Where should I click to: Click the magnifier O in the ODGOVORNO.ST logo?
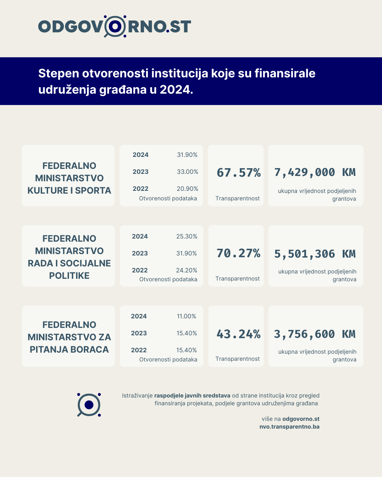click(115, 26)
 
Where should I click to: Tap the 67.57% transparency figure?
click(238, 172)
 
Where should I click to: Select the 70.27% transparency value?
click(238, 253)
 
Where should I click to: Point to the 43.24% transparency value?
click(238, 334)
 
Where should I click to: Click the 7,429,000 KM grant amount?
click(315, 172)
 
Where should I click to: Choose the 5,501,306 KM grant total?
click(315, 254)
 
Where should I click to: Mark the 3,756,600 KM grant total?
click(315, 334)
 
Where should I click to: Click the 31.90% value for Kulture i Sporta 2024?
click(187, 155)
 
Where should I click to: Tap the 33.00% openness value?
click(187, 172)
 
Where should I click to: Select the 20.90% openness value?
click(187, 189)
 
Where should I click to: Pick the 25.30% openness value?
click(187, 236)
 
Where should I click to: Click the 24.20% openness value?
click(187, 270)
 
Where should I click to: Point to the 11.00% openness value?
click(186, 316)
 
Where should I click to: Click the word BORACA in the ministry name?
click(89, 349)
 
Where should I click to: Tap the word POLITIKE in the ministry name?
click(69, 276)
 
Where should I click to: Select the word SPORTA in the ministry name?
click(93, 190)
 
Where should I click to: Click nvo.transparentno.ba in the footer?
click(289, 426)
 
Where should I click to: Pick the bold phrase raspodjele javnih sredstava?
click(192, 395)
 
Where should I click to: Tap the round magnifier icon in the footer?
click(89, 405)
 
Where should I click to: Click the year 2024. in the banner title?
click(176, 89)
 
